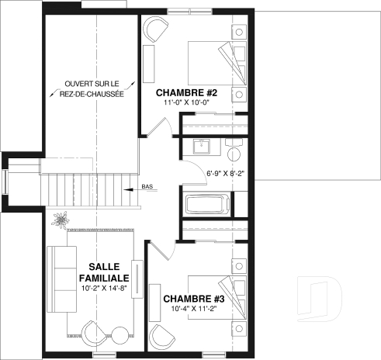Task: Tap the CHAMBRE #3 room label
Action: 193,298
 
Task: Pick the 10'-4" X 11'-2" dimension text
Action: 193,308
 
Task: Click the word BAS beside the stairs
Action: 147,187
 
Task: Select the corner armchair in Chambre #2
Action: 154,32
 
